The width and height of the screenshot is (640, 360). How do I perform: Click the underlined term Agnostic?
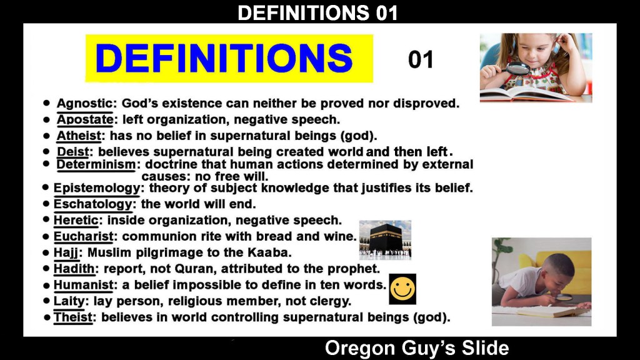pos(84,104)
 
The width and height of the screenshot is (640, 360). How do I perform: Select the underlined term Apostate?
pos(85,119)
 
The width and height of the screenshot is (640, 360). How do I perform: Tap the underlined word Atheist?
pos(79,136)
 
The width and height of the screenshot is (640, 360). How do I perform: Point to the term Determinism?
pos(96,164)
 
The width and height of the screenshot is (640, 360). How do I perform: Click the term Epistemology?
pos(97,188)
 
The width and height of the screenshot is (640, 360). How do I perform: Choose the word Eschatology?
pos(93,204)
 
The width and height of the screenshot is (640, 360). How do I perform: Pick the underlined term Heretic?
pos(76,221)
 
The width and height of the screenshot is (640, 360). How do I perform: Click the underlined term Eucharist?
pos(83,236)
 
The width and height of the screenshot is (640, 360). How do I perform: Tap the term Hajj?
pos(66,253)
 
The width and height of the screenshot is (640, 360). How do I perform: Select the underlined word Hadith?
pos(74,269)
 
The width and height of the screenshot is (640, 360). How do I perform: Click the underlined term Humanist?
pos(83,285)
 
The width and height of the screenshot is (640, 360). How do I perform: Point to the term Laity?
pos(69,301)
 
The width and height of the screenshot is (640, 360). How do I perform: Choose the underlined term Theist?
pos(73,317)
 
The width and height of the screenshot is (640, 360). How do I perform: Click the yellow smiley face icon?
pos(402,289)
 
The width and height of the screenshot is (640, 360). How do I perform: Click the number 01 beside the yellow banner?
pos(421,59)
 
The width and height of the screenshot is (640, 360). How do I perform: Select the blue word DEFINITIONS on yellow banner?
pos(224,58)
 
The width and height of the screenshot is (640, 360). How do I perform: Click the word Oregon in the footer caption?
pos(361,349)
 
